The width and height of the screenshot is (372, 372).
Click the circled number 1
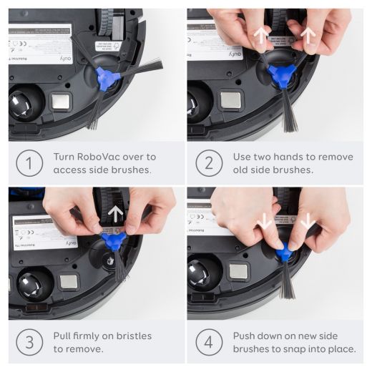(28, 164)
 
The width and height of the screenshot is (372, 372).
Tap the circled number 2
(208, 164)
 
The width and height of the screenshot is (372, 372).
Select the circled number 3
(28, 343)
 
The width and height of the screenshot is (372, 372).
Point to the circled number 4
(208, 343)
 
